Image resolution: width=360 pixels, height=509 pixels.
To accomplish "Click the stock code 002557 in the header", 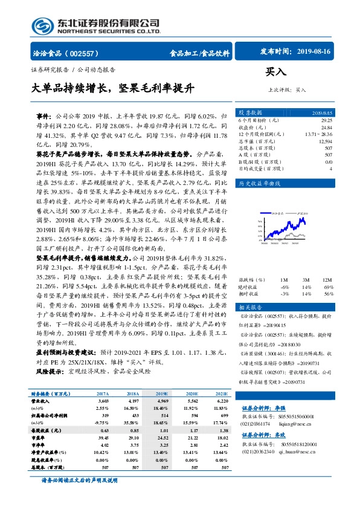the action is click(x=88, y=53).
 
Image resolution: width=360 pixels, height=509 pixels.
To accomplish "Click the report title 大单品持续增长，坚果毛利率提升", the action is click(x=113, y=88).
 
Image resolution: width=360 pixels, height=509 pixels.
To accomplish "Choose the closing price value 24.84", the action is click(x=326, y=128).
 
